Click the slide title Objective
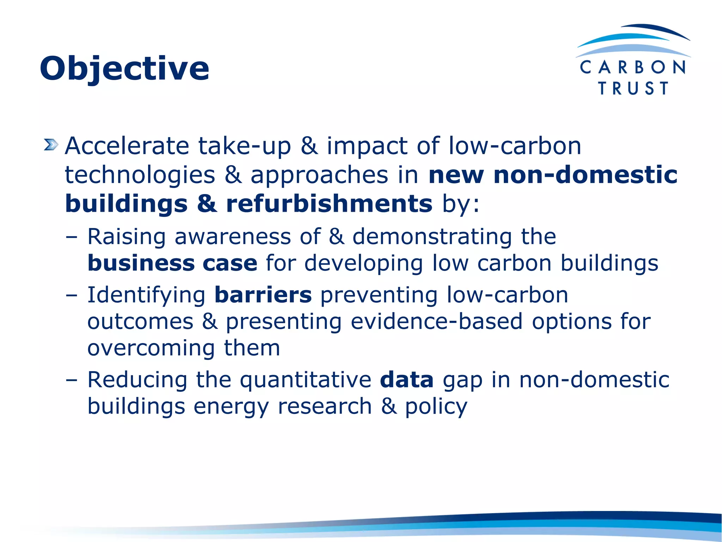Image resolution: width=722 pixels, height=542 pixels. click(124, 69)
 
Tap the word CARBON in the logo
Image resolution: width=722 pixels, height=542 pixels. click(633, 67)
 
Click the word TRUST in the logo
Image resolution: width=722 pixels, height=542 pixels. click(633, 88)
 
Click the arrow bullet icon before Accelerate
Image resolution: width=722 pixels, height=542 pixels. click(51, 145)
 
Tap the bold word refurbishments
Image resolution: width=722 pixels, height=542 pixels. click(329, 204)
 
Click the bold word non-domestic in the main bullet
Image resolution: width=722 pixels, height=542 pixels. click(586, 175)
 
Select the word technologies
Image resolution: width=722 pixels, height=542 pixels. click(140, 175)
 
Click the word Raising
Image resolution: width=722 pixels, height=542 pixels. click(127, 237)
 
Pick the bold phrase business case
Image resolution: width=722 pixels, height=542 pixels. click(172, 263)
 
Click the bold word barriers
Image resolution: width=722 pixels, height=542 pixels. click(263, 295)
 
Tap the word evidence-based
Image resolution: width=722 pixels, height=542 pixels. click(436, 321)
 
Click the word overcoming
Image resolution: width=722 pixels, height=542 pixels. click(151, 348)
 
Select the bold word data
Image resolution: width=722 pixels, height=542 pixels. click(406, 380)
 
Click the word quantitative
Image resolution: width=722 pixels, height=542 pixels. click(306, 380)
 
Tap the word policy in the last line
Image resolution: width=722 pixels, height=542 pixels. click(436, 407)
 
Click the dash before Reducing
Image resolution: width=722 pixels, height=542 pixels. click(71, 380)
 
